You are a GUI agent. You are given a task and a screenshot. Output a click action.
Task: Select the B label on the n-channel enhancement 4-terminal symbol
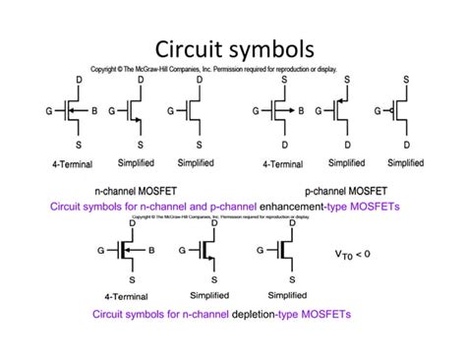click(93, 111)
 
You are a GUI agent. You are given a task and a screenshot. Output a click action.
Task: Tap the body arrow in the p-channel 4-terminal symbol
click(287, 111)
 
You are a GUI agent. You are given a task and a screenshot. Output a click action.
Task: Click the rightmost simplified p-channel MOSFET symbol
click(400, 112)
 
